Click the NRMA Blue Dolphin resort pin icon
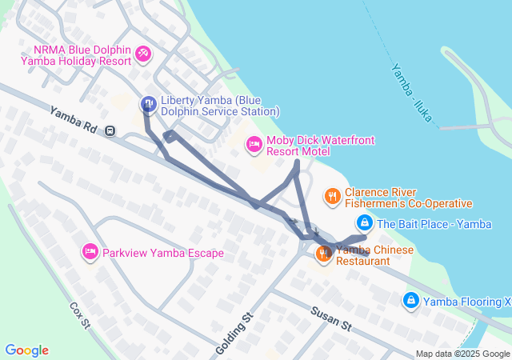144,54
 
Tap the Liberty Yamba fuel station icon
148,103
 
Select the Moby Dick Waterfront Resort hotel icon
254,145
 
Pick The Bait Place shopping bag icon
364,223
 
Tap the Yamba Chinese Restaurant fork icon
324,254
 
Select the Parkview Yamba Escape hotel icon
90,252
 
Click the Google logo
26,350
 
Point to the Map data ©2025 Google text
462,354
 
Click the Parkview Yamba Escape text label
163,253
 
